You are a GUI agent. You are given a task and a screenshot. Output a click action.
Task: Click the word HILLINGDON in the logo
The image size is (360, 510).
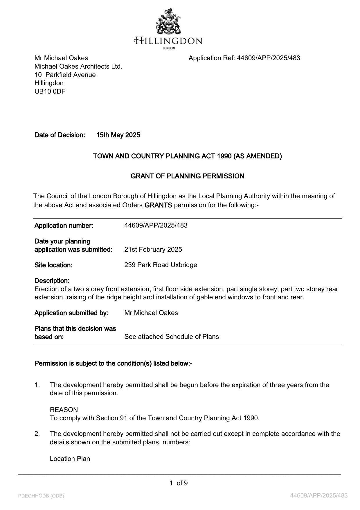(x=168, y=41)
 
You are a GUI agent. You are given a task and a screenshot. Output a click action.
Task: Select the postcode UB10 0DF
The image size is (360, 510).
(x=50, y=92)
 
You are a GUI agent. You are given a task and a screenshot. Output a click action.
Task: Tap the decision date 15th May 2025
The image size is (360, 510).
(x=118, y=135)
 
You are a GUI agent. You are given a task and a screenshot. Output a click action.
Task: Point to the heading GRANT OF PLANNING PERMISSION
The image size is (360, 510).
(x=187, y=176)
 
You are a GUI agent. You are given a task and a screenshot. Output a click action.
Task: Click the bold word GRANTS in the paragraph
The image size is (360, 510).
(x=158, y=205)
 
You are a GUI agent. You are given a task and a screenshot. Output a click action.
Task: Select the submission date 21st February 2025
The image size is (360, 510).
(x=153, y=250)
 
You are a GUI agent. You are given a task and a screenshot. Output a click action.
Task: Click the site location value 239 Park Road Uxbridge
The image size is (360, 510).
(x=161, y=265)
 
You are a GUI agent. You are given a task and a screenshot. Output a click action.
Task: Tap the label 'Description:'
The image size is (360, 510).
(x=52, y=281)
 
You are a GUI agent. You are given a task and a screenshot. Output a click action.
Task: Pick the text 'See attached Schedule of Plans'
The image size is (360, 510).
(x=172, y=337)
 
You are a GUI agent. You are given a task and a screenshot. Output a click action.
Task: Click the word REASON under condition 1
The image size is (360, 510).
(x=64, y=410)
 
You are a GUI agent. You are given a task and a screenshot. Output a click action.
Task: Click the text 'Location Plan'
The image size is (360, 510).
(x=70, y=459)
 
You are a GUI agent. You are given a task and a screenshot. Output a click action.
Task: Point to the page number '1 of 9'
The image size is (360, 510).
(x=179, y=483)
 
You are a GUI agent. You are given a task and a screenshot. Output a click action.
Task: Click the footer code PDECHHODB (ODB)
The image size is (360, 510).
(x=41, y=496)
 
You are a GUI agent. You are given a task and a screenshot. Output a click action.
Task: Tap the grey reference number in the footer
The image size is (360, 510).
(x=319, y=495)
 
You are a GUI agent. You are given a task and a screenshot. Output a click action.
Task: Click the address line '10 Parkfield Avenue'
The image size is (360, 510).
(x=65, y=75)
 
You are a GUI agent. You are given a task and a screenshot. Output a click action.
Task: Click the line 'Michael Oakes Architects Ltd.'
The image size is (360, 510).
(x=78, y=67)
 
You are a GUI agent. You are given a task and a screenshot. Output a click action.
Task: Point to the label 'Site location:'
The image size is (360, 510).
(x=53, y=265)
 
